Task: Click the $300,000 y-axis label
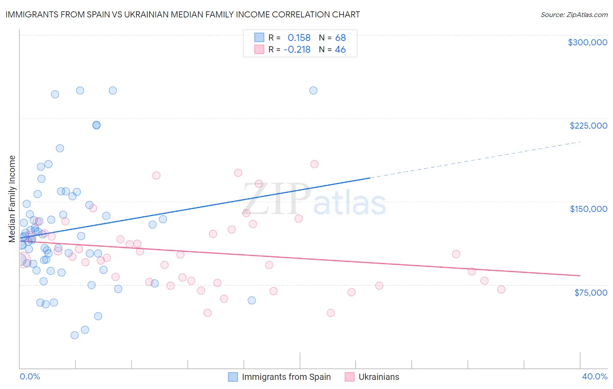click(587, 42)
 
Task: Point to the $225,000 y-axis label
click(588, 126)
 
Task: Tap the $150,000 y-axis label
click(588, 209)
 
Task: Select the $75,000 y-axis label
click(590, 293)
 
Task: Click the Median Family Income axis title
click(12, 199)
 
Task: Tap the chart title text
click(183, 14)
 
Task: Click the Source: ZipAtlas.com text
click(574, 15)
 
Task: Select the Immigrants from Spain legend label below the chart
click(286, 377)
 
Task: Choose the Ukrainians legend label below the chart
click(378, 377)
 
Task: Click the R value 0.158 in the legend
click(299, 38)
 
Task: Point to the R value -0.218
click(297, 50)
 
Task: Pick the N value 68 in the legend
click(340, 38)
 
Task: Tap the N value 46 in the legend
click(340, 50)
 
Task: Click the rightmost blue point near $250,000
click(313, 91)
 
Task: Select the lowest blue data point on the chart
click(75, 335)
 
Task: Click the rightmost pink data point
click(501, 290)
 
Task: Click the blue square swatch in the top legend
click(259, 38)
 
